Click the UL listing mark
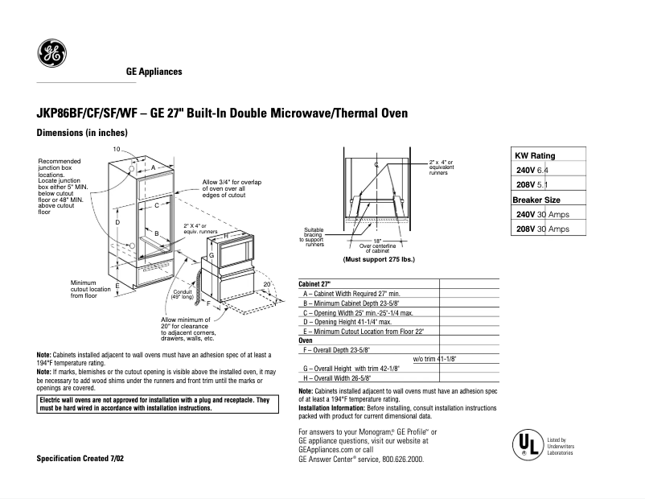coord(524,443)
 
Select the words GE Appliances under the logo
coord(154,72)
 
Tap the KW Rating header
coord(535,156)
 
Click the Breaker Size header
coord(536,200)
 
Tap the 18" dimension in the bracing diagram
coord(376,240)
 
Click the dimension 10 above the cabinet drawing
coord(117,151)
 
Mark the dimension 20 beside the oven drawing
coord(266,285)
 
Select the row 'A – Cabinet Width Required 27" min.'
coord(351,294)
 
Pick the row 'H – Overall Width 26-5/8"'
coord(343,377)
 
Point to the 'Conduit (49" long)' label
coord(182,294)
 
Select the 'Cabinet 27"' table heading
coord(315,284)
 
